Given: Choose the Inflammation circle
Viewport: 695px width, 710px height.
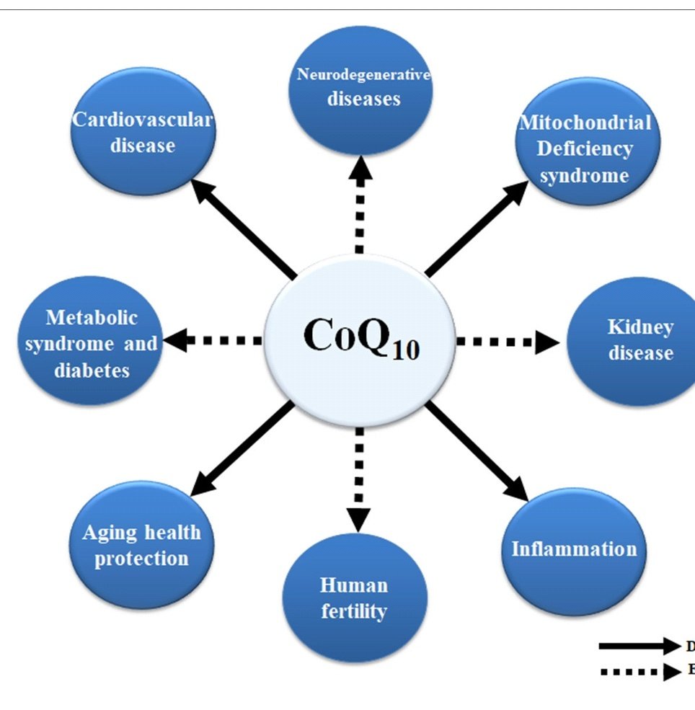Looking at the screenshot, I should coord(572,549).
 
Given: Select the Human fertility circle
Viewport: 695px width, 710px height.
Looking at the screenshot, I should coord(354,598).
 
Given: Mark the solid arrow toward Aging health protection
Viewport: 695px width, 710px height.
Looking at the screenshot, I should coord(242,451).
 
